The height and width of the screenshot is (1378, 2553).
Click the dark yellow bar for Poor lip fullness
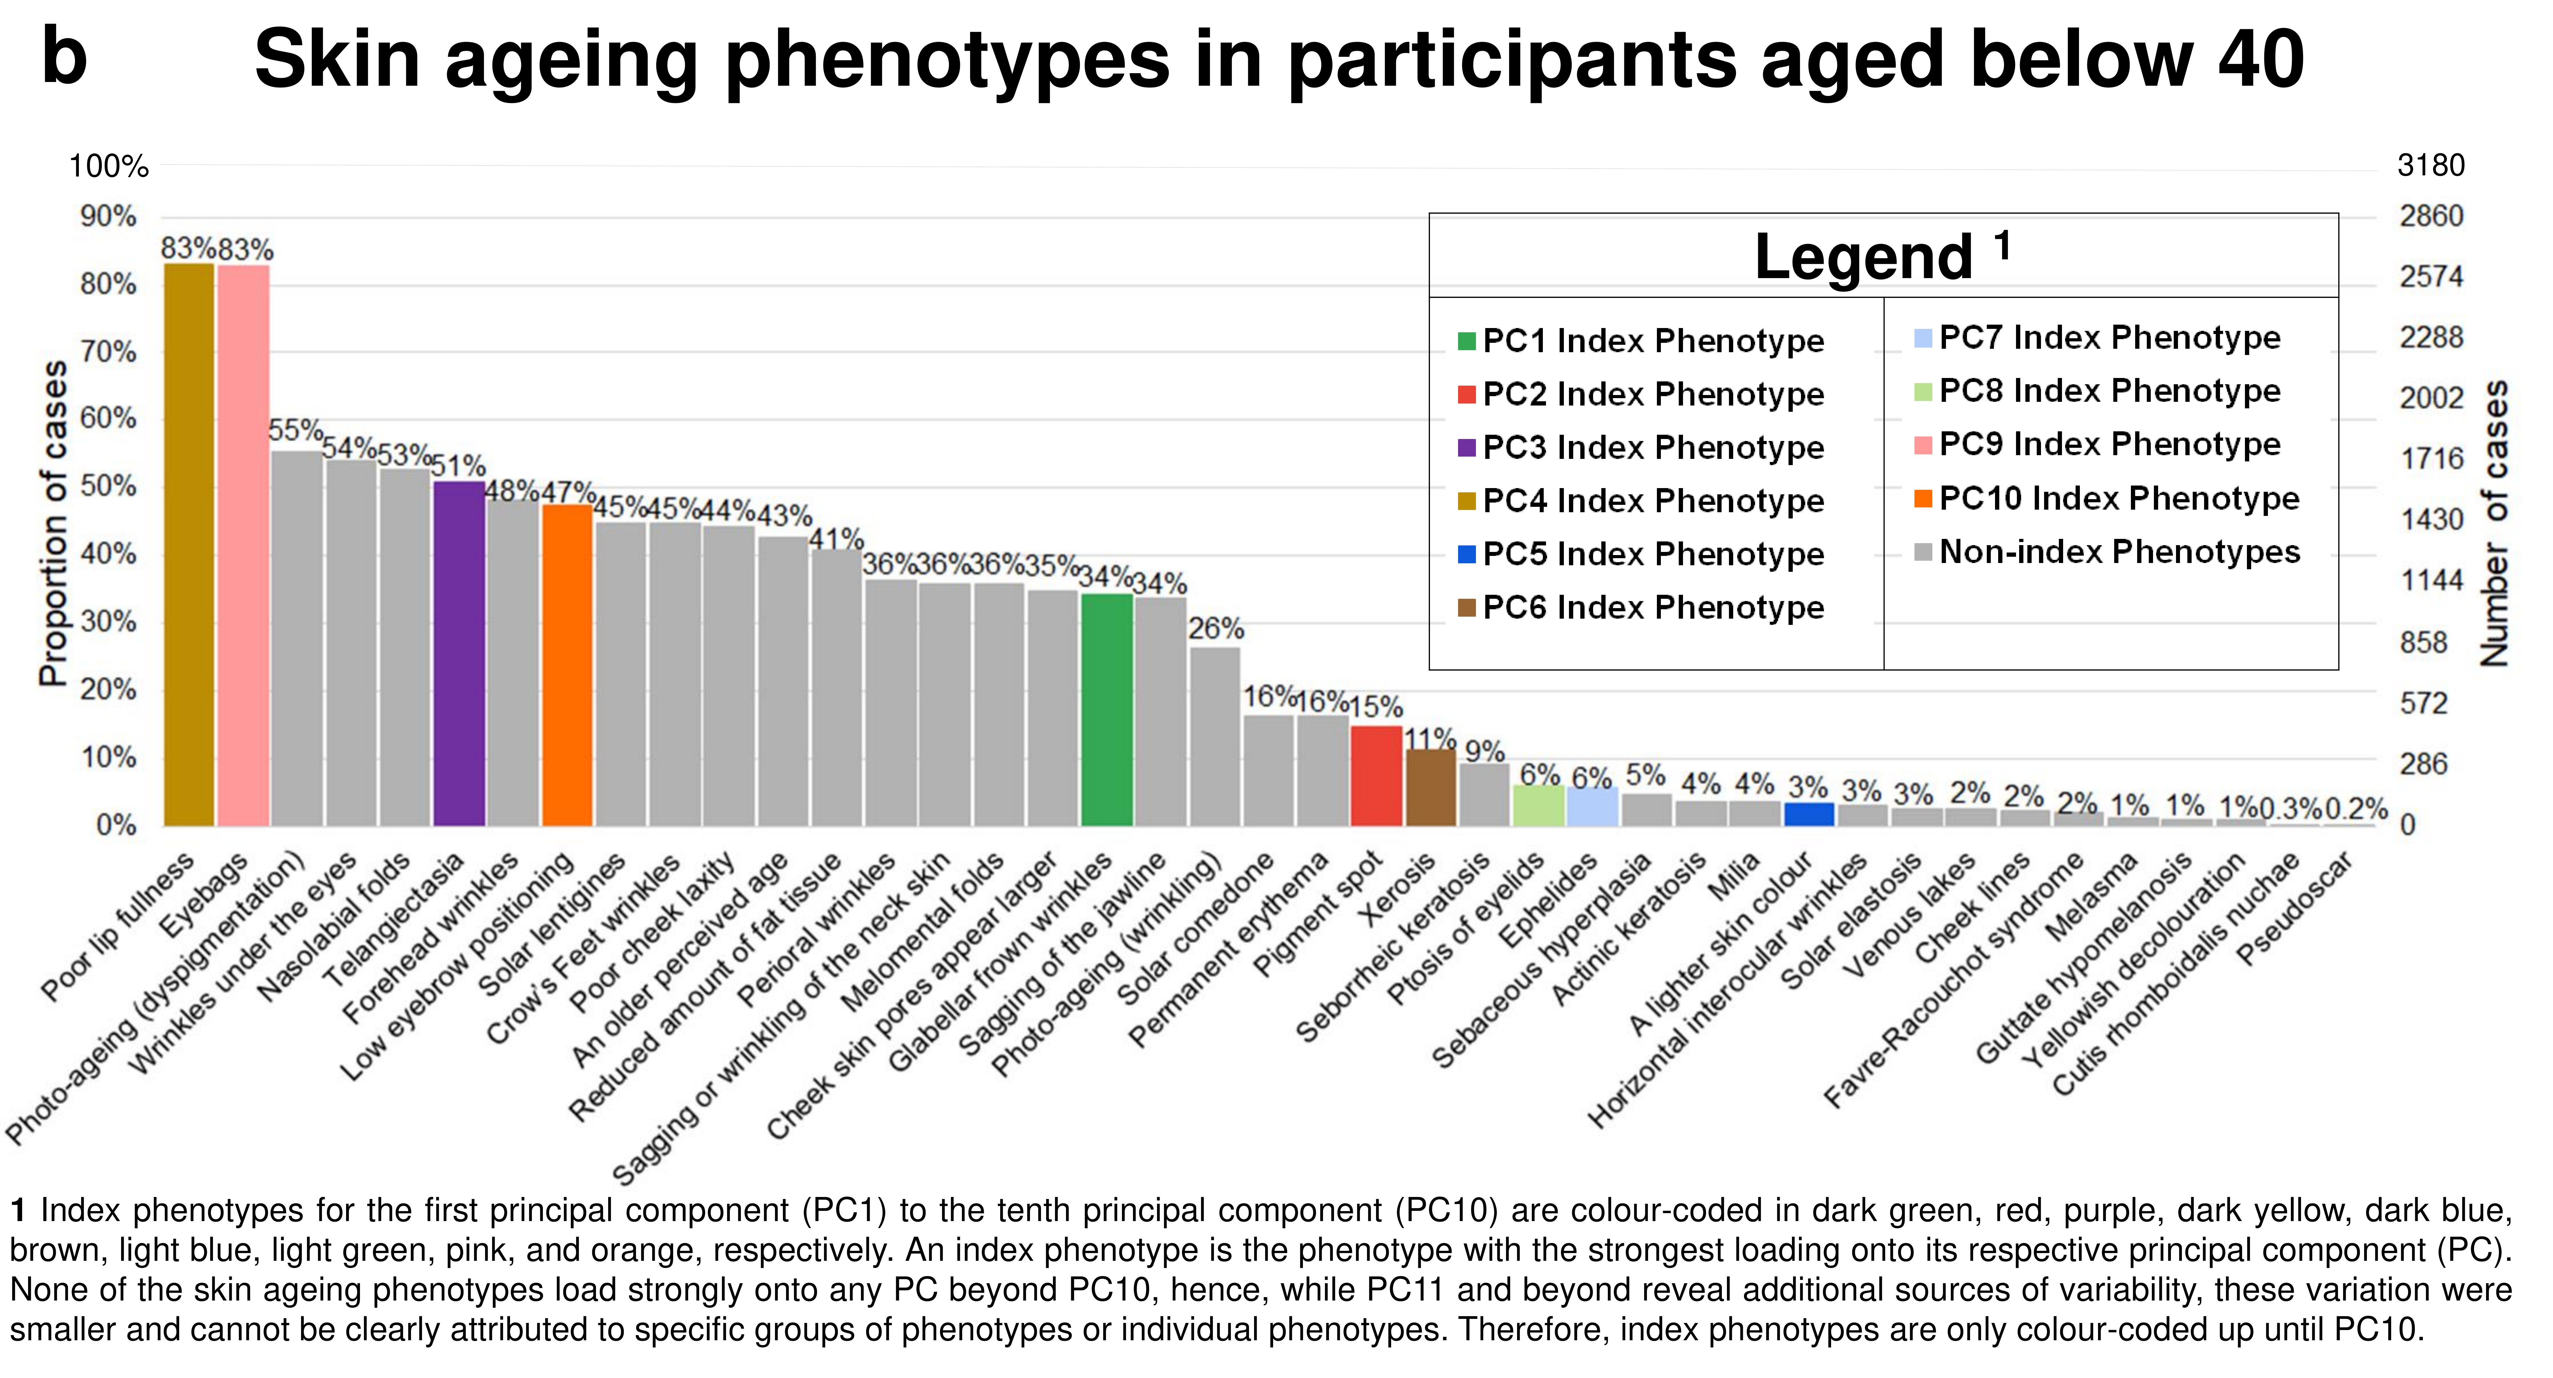point(189,544)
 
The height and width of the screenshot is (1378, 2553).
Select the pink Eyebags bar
point(244,545)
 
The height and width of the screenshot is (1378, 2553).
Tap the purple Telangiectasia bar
point(459,653)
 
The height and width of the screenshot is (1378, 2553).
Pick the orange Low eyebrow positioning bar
point(567,665)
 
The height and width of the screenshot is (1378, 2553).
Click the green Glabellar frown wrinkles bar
point(1107,710)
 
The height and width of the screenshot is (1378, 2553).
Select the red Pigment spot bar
point(1377,776)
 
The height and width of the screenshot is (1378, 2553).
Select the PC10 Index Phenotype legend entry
point(2107,499)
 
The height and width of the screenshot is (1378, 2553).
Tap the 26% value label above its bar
point(1216,629)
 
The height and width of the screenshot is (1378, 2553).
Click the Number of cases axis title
point(2493,524)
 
